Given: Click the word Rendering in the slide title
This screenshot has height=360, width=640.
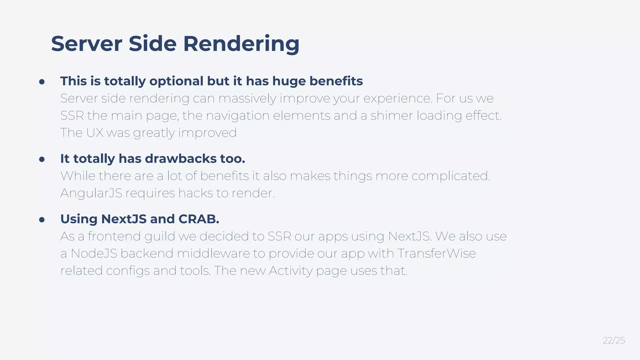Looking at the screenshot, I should pos(241,44).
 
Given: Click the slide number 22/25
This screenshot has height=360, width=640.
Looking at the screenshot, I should pos(613,340).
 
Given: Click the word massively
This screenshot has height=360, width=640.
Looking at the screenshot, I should pos(247,99).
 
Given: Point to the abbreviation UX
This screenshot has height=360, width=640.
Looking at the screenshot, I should pos(95,133).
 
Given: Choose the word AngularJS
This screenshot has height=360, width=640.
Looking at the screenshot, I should pos(91,193).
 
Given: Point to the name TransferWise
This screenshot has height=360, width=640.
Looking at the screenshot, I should pos(437,253).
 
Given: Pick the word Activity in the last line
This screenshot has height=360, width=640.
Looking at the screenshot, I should pos(291,271).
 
